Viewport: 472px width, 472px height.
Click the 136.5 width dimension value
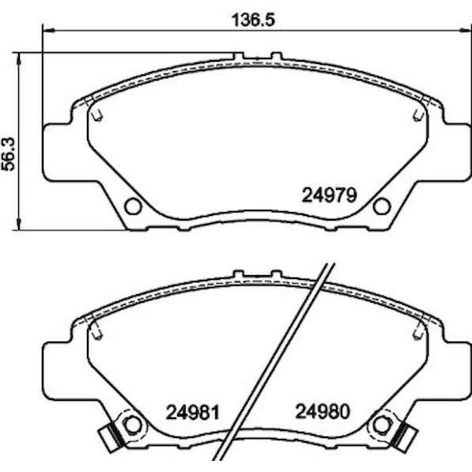(x=253, y=21)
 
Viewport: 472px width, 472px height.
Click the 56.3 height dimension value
(x=9, y=154)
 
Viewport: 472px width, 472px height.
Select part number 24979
(x=330, y=195)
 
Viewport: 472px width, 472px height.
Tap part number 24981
(x=193, y=412)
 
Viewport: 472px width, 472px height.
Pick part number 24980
(x=323, y=411)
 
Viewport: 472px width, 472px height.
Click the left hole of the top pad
(x=133, y=206)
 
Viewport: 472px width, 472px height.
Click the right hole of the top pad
(x=382, y=206)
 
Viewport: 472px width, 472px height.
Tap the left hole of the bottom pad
(x=133, y=425)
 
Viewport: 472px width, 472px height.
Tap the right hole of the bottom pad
(x=382, y=425)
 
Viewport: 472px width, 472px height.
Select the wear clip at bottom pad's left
(x=111, y=436)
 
